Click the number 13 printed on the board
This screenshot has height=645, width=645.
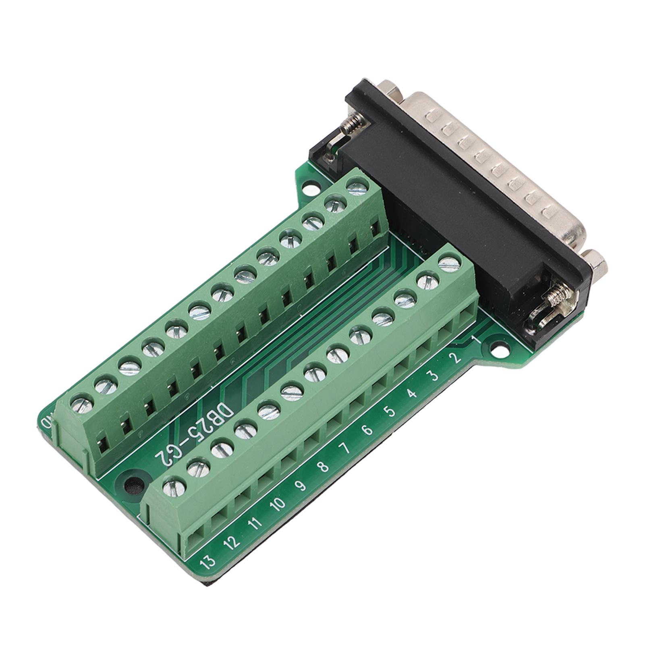(x=209, y=560)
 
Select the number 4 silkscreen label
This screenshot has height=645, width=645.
(x=411, y=394)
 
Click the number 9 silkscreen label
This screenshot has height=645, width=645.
(x=300, y=485)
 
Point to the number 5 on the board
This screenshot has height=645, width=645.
(x=389, y=411)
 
